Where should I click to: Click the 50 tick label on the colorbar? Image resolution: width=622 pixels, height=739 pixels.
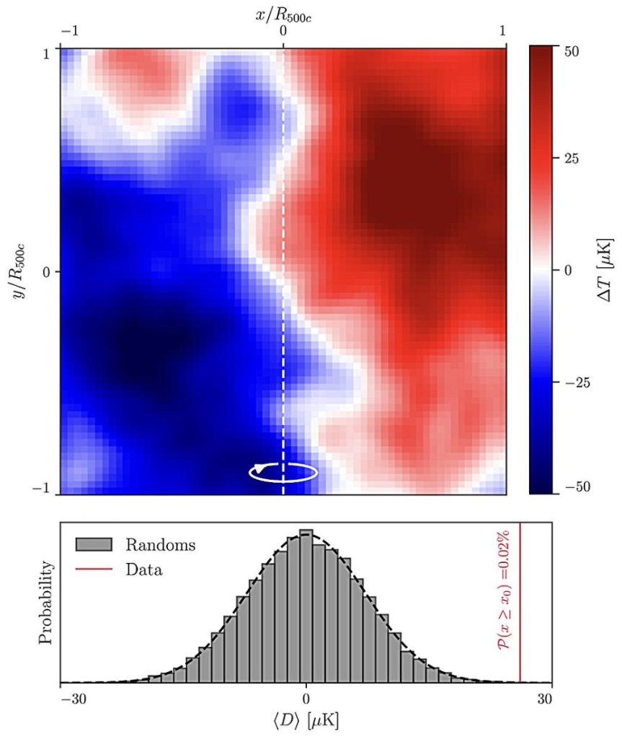click(x=571, y=51)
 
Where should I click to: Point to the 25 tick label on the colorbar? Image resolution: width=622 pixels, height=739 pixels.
click(x=571, y=158)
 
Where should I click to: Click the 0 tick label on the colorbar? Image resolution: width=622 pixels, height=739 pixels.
click(x=568, y=271)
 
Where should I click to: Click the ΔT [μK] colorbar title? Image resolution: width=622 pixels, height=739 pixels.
click(x=605, y=270)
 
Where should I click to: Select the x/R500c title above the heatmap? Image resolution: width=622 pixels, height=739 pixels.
click(x=283, y=16)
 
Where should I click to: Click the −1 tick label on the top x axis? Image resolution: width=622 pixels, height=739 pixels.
click(x=70, y=31)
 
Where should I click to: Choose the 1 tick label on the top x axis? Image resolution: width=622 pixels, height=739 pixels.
click(x=502, y=31)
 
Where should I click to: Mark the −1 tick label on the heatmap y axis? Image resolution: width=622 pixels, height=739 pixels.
click(x=41, y=489)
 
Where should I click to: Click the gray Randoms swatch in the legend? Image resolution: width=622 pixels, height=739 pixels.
click(x=94, y=544)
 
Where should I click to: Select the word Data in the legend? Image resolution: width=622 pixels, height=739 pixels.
click(x=144, y=570)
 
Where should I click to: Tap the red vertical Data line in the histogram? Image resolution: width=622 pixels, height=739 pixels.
click(x=520, y=603)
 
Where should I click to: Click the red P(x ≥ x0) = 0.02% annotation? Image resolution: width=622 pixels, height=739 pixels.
click(x=504, y=589)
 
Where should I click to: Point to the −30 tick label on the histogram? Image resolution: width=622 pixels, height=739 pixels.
click(x=74, y=699)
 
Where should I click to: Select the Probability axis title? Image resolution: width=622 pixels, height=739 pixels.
click(x=45, y=603)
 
